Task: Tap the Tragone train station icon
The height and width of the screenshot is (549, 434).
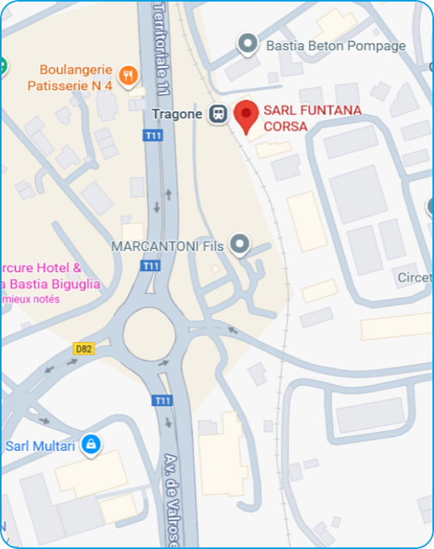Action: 216,114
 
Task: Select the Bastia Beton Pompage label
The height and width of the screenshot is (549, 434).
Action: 336,45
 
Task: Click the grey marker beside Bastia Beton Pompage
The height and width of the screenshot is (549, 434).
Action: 248,44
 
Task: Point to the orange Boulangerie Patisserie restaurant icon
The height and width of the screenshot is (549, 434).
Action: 129,76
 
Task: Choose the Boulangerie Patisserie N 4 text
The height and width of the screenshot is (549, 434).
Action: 70,77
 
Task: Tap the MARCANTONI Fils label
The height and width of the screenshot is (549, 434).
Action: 168,246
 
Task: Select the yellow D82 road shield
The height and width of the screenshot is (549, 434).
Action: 85,348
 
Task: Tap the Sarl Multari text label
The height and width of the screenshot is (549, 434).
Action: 41,446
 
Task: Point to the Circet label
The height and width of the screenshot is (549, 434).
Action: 415,278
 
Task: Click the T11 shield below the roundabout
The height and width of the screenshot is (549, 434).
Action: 162,401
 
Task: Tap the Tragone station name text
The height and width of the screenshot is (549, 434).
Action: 177,115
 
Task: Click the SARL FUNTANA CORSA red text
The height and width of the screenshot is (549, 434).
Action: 312,118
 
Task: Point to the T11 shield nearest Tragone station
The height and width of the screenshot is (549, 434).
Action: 153,136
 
